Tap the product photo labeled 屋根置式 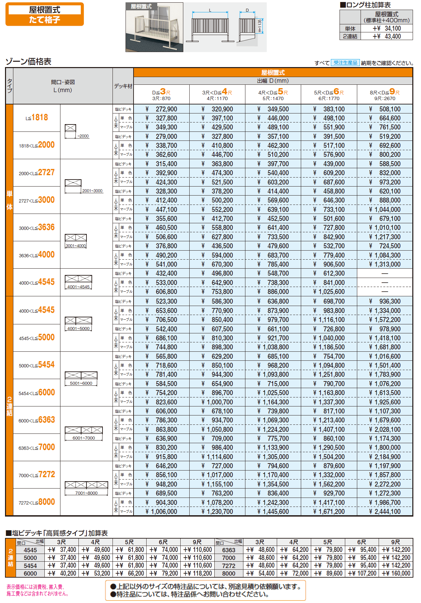tap(154, 27)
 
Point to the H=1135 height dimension tap(260, 26)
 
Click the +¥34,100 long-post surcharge tap(387, 28)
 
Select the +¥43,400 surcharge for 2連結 tap(387, 36)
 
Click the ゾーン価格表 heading tap(28, 61)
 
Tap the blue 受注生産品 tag tap(345, 63)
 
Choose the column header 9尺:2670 tap(385, 94)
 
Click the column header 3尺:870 tap(161, 94)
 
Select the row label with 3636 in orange tap(37, 228)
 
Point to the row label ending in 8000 tap(37, 502)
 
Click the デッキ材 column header tap(123, 86)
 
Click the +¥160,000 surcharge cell tap(396, 573)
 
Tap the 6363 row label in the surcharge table tap(229, 550)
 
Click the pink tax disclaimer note tap(38, 590)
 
